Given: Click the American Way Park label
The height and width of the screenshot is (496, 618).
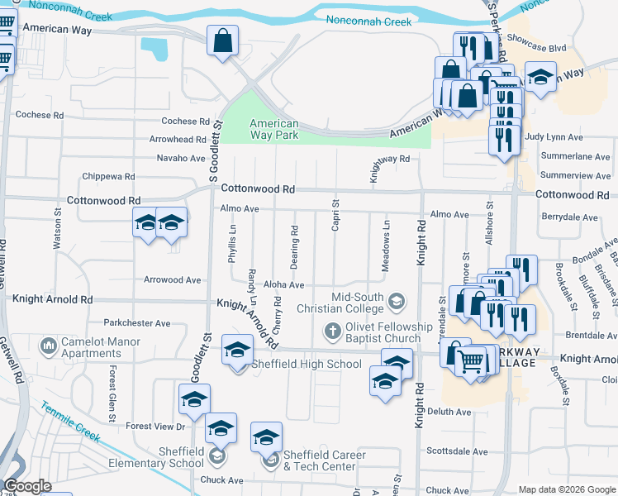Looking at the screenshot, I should click(274, 130).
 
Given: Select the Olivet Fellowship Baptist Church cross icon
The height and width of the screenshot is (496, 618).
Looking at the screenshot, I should click(332, 331).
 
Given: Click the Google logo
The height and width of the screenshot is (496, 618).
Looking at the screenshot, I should click(27, 486).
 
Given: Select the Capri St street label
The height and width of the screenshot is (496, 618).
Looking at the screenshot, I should click(335, 215).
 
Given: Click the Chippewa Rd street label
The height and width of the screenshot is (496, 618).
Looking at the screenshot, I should click(108, 176).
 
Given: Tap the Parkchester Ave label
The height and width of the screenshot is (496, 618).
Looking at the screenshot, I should click(136, 323).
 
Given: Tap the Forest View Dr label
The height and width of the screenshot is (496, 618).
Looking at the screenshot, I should click(155, 427).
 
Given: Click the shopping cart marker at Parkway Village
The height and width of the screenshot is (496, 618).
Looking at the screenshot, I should click(471, 360).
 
